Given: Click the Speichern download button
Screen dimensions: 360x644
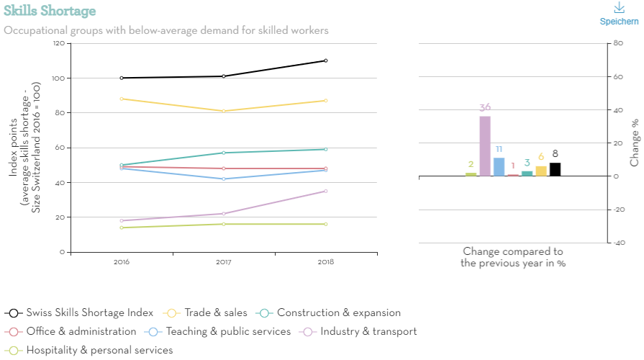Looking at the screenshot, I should [x=619, y=14].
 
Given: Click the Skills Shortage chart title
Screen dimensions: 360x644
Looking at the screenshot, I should [x=50, y=12].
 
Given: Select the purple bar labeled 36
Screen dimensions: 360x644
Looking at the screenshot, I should [x=485, y=146].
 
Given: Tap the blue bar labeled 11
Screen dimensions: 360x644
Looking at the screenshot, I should [x=499, y=167].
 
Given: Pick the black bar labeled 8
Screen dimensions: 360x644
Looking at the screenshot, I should [x=555, y=169].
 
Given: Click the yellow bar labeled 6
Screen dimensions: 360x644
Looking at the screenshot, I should [x=541, y=171].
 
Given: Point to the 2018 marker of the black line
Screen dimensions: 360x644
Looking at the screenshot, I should [x=326, y=60].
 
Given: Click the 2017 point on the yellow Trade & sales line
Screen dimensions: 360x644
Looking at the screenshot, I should [x=224, y=111].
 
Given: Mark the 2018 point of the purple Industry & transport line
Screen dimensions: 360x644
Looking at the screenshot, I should [x=326, y=191].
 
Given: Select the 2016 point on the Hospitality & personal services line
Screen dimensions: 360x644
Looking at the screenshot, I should [x=122, y=228].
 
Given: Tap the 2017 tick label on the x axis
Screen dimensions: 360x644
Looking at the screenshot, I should [x=224, y=261].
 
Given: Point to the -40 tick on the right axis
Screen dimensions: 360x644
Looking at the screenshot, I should [x=617, y=243].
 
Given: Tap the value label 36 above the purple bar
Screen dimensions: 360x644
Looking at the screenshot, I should [x=485, y=107].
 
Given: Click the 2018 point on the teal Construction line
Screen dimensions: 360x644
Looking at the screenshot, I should [x=326, y=149].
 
